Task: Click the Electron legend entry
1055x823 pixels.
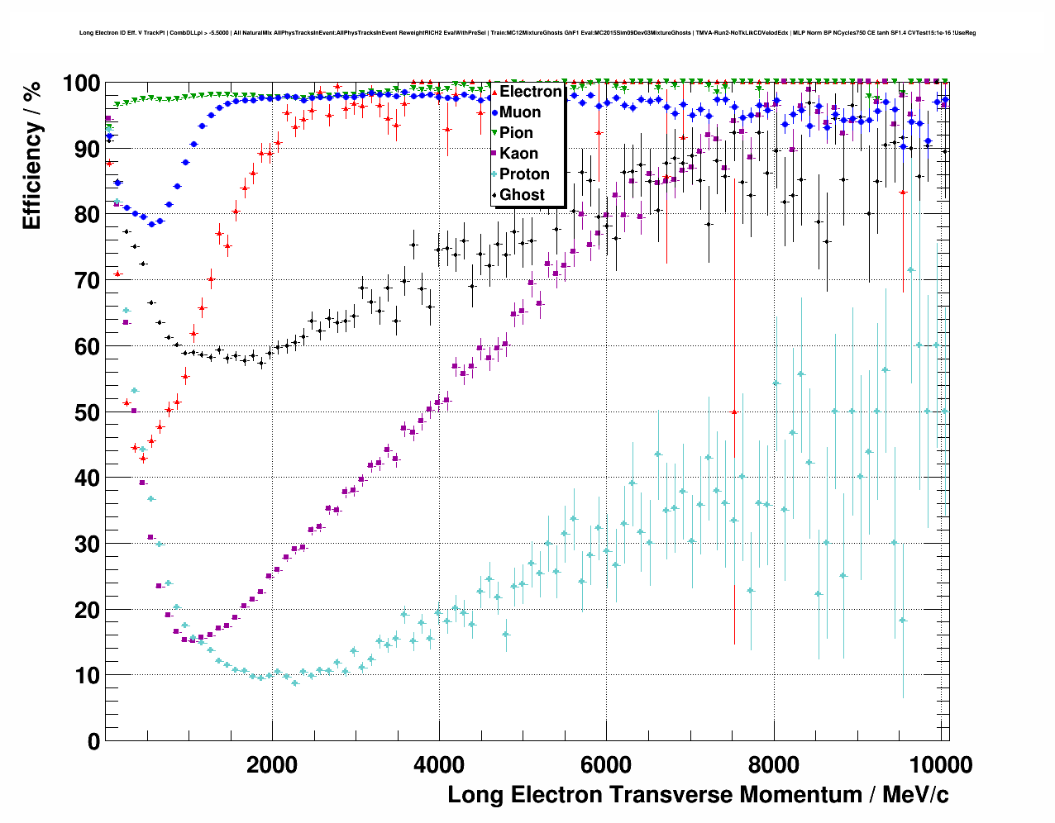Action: (x=529, y=92)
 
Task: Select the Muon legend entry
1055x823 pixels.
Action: (x=519, y=112)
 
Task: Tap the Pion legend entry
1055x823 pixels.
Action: (x=516, y=133)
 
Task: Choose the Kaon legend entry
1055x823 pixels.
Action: (x=518, y=154)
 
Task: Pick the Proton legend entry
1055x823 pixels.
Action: (x=524, y=174)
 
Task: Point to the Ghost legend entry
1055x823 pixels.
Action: (x=522, y=195)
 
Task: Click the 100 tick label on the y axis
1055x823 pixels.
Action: (x=81, y=83)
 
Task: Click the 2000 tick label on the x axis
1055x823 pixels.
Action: (x=272, y=765)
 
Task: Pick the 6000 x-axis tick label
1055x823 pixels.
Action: (x=607, y=765)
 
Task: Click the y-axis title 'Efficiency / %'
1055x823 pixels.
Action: (x=31, y=155)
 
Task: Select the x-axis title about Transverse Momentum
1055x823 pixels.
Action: (x=698, y=795)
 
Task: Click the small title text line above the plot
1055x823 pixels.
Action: (x=527, y=33)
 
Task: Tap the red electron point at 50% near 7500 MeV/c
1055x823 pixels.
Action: (x=733, y=411)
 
